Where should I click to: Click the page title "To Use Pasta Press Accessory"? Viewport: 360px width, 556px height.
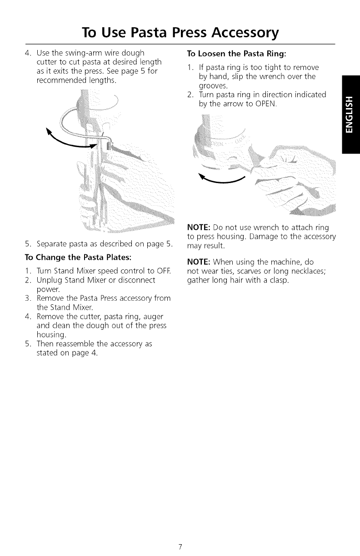point(180,33)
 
